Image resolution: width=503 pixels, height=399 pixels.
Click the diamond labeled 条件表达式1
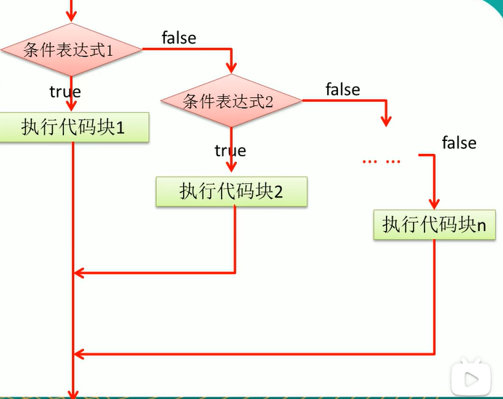71,49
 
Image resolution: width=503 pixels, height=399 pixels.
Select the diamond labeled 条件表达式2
231,101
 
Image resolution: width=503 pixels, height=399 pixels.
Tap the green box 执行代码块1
74,127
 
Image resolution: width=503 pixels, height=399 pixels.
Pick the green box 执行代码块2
231,191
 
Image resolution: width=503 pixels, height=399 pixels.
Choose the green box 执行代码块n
435,225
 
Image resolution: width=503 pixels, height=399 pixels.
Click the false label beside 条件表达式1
179,38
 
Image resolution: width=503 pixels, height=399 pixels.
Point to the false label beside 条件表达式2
342,89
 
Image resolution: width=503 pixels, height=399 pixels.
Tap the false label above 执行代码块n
459,142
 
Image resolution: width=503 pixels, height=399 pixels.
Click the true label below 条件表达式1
65,92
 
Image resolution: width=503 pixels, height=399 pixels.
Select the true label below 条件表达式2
230,150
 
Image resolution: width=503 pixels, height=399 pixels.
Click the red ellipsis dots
382,161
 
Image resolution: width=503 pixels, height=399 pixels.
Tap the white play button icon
470,379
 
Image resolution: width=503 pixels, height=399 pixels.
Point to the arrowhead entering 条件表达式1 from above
71,17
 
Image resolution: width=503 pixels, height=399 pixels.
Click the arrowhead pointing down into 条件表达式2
231,68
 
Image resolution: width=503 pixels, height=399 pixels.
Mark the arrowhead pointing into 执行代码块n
435,204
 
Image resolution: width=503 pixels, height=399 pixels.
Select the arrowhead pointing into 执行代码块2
231,167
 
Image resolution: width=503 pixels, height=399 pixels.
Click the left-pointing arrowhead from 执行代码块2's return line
79,273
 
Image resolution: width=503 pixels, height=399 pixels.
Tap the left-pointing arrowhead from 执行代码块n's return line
79,354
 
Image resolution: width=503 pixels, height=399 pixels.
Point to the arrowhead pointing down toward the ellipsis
386,121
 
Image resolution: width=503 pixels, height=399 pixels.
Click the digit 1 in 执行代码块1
120,129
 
